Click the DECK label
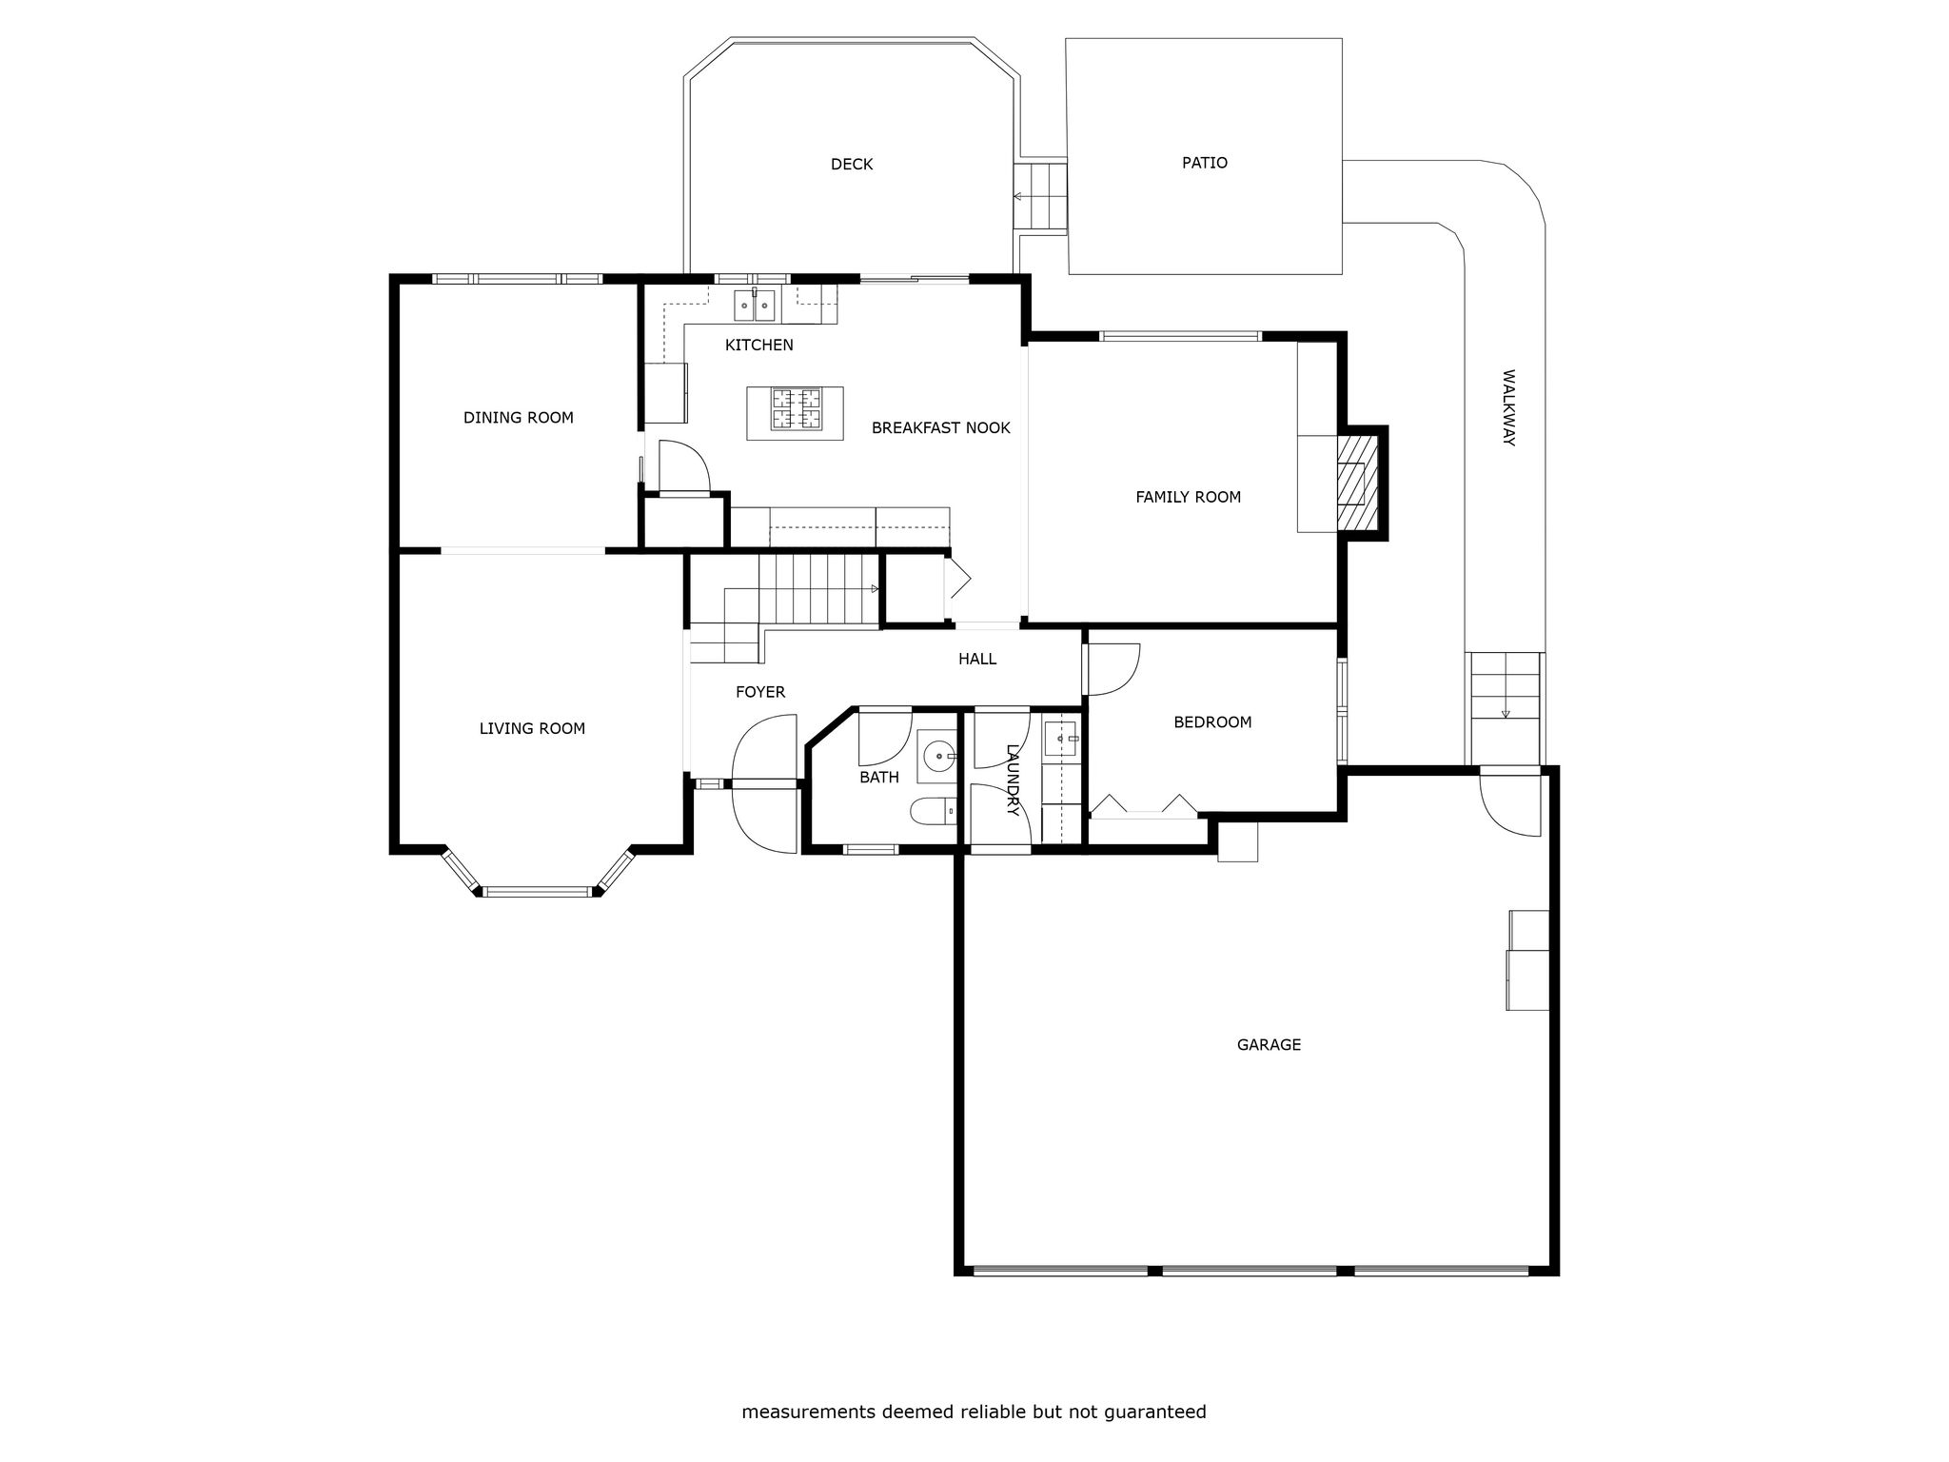[852, 165]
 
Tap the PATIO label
[1205, 163]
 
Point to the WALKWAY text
[1507, 407]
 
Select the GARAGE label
[1269, 1044]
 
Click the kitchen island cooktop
[796, 409]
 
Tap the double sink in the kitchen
[754, 306]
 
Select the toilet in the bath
[934, 811]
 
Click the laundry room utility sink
[1061, 739]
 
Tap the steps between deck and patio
[1040, 197]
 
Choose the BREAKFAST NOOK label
[941, 428]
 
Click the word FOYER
[760, 692]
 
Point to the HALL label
[977, 659]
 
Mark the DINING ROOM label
[519, 418]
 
